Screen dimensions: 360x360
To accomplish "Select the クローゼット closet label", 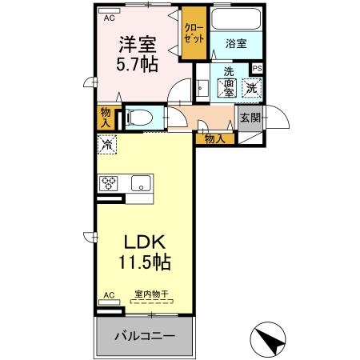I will [x=194, y=31].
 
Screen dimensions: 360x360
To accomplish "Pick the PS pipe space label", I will [x=257, y=69].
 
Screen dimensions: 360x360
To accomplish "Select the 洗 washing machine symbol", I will [x=252, y=87].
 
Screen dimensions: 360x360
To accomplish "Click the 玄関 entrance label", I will [x=250, y=118].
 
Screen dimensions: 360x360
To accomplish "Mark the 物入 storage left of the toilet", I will [x=106, y=117].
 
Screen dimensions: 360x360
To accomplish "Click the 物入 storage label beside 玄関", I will [x=214, y=138].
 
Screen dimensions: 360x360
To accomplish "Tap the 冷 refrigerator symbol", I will [x=107, y=145].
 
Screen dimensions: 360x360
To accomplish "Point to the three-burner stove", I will [x=108, y=183].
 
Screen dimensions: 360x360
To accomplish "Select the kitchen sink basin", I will [x=139, y=182].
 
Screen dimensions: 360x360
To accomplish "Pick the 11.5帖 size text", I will [x=144, y=262].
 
